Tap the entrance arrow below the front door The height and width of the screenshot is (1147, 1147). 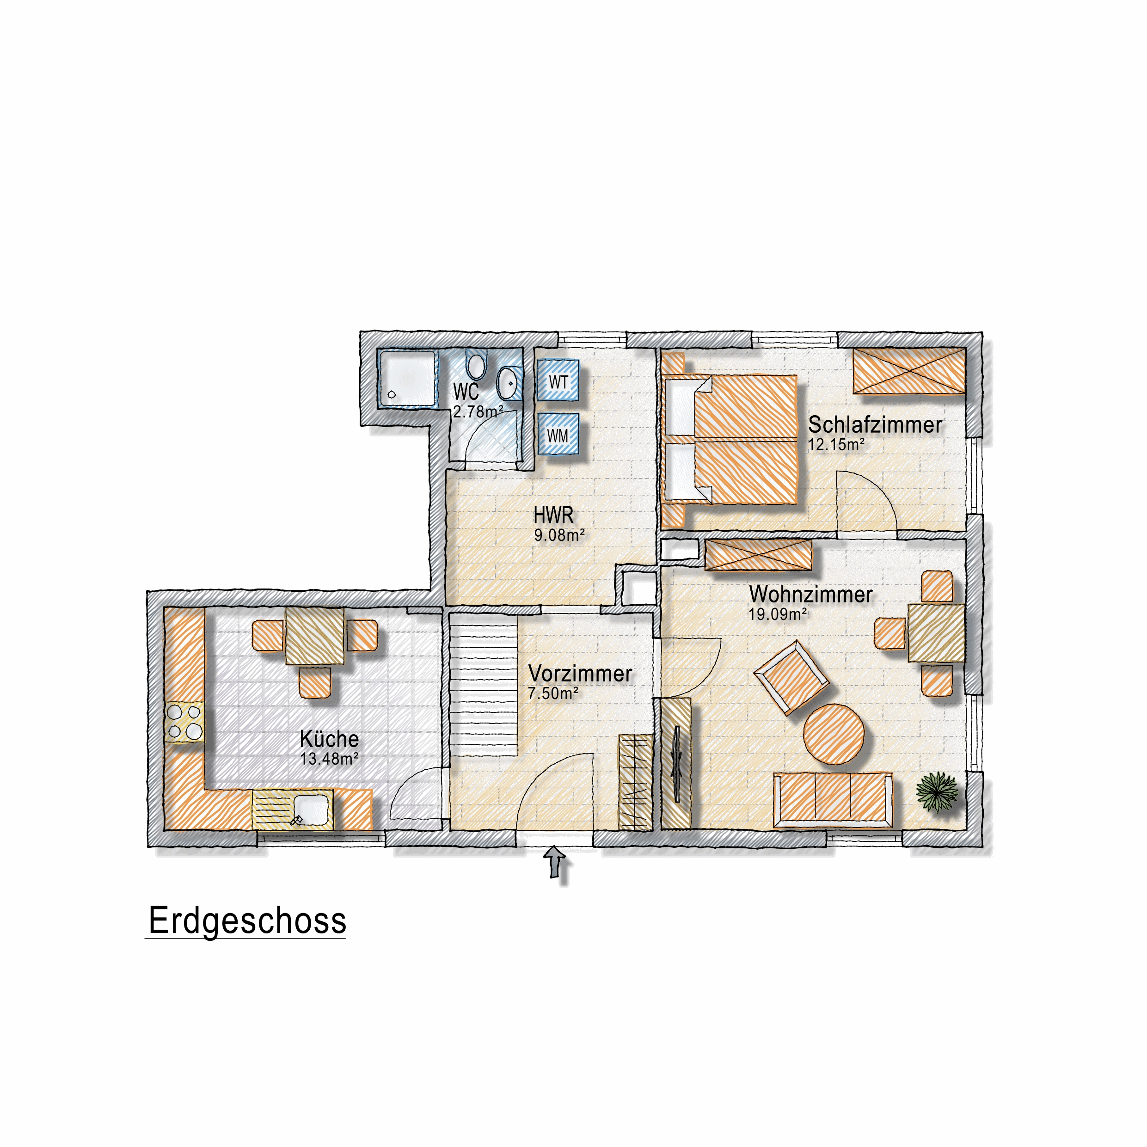[555, 861]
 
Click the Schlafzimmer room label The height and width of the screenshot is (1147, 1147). [875, 424]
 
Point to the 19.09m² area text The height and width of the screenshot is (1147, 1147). [778, 614]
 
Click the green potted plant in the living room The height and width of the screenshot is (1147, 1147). [937, 791]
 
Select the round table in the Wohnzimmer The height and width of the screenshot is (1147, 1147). [834, 734]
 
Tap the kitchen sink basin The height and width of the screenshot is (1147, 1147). [311, 809]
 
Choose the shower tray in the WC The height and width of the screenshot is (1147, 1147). [408, 378]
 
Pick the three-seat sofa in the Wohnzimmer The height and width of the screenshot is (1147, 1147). [832, 800]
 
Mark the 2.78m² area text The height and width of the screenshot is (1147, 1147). [478, 411]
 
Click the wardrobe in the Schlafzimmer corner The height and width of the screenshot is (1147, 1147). [909, 371]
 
